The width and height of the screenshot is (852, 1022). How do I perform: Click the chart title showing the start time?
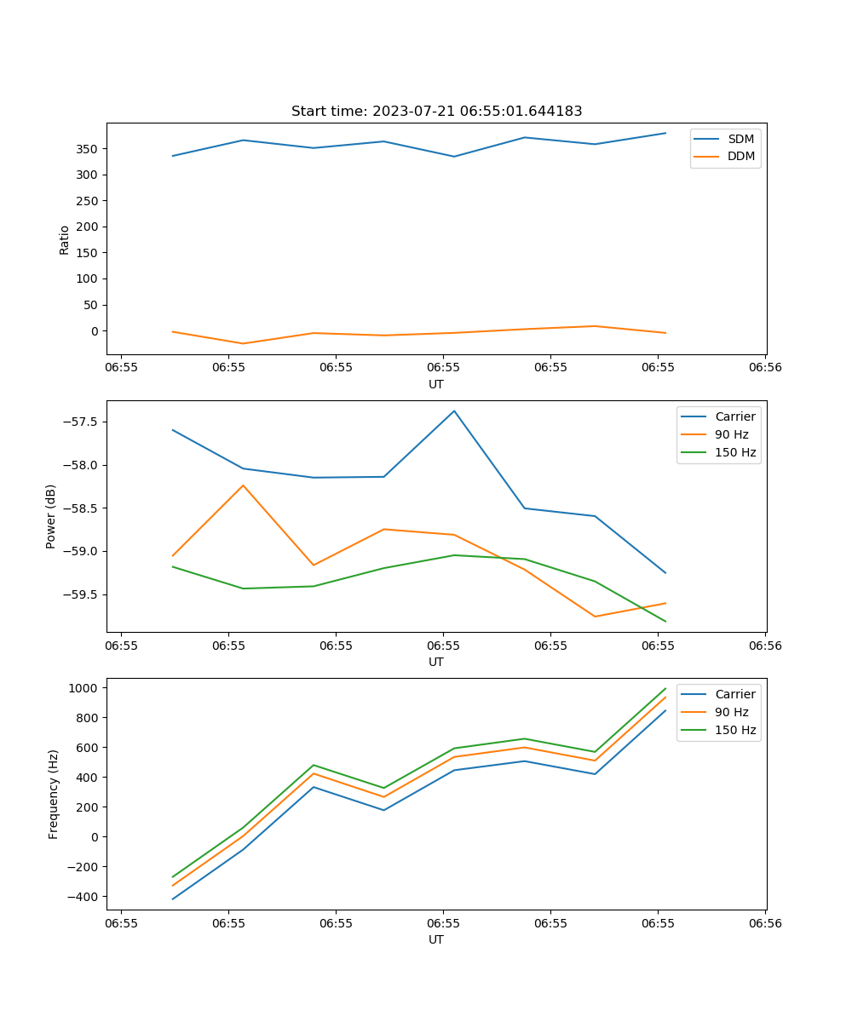(436, 112)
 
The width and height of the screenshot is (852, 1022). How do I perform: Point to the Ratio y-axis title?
(65, 239)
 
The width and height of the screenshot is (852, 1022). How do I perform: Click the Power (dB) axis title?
(51, 516)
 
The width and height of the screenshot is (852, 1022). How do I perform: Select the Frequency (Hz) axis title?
(53, 794)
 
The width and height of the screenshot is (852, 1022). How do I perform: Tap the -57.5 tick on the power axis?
(81, 422)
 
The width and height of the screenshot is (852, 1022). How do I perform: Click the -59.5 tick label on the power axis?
(81, 594)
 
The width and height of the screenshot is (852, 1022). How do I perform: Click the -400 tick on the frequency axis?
(83, 897)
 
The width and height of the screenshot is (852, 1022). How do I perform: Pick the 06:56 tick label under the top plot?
(764, 368)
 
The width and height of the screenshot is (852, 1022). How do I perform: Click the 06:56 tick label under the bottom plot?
(764, 923)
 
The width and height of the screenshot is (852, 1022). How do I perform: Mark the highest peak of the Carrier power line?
(454, 411)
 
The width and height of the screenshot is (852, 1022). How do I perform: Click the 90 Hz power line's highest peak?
(243, 485)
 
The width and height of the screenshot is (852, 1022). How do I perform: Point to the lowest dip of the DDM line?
(244, 344)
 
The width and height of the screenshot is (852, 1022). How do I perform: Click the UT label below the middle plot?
(436, 662)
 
